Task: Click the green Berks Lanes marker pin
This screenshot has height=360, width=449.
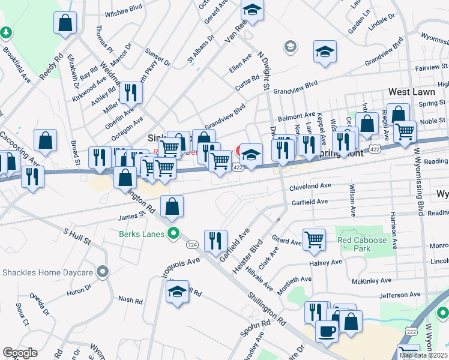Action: click(x=173, y=234)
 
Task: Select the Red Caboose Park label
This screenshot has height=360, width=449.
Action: click(x=361, y=244)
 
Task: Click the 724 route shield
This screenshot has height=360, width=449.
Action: click(x=192, y=245)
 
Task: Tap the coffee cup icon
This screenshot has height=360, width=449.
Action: click(x=327, y=331)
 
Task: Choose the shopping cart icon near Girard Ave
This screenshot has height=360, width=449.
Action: click(x=314, y=239)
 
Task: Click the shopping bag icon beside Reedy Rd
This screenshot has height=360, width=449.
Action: click(x=65, y=23)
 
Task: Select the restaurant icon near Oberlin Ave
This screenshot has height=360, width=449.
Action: click(x=130, y=92)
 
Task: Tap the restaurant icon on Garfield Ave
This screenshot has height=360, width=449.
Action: click(x=215, y=240)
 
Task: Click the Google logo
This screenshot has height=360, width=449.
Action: click(x=20, y=353)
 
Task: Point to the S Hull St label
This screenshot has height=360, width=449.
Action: click(x=77, y=235)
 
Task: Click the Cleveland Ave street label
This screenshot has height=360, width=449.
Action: click(x=310, y=187)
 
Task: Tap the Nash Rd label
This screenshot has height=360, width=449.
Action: click(x=130, y=299)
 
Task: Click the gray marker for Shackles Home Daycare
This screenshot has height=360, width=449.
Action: click(x=103, y=272)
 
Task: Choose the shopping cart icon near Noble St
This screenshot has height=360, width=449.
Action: click(x=406, y=130)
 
